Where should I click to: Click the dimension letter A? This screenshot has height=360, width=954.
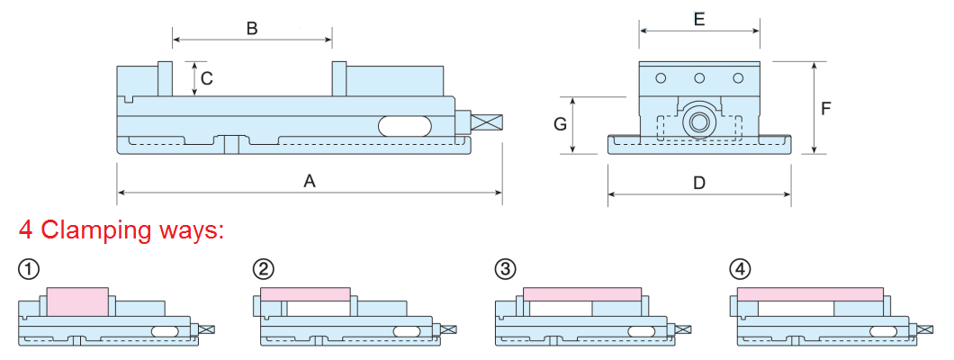click(x=310, y=181)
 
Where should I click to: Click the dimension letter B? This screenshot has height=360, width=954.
click(x=252, y=29)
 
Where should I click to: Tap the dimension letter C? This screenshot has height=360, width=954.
click(x=207, y=78)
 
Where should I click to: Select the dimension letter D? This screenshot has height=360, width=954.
click(x=699, y=183)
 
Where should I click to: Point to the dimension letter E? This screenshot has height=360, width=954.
click(x=699, y=17)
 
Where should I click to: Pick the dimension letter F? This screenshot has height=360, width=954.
click(x=826, y=108)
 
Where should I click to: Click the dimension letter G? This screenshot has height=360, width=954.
click(x=560, y=124)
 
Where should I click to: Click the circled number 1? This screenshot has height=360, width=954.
click(x=29, y=268)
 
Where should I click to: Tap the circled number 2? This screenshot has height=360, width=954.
click(x=264, y=268)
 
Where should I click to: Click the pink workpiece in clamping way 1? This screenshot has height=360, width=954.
click(x=77, y=301)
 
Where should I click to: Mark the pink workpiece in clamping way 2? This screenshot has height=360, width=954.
click(x=304, y=294)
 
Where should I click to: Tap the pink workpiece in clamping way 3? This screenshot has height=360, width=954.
click(x=581, y=294)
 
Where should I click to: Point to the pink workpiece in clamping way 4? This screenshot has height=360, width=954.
click(x=809, y=294)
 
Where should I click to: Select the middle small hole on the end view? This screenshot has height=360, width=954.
click(x=699, y=79)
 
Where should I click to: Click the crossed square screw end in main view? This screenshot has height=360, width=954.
click(x=487, y=121)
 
